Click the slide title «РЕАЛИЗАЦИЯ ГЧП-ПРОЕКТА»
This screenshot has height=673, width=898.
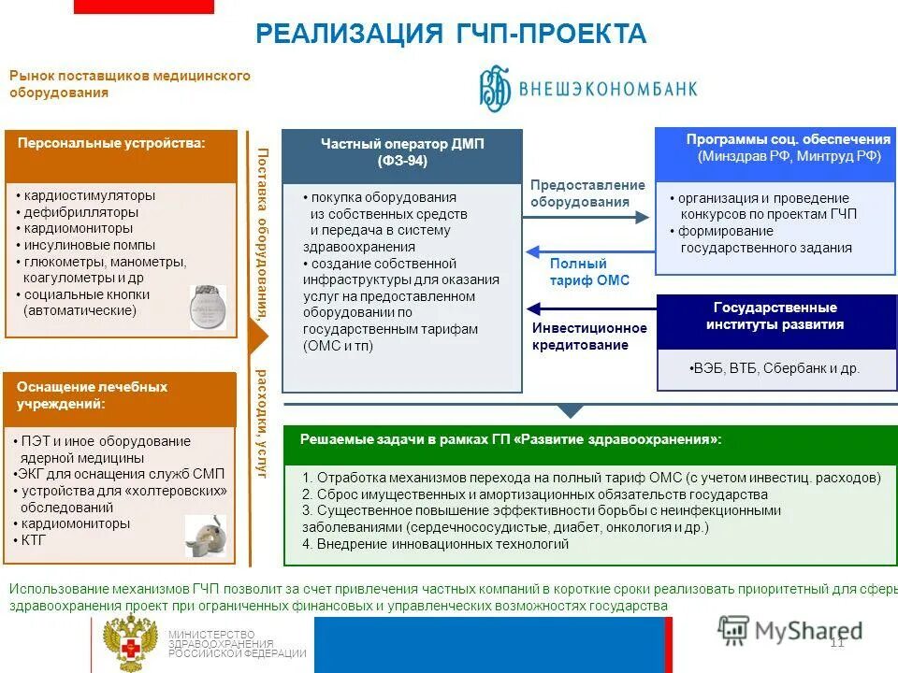coord(451,35)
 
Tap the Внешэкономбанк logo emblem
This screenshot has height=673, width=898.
coord(496,87)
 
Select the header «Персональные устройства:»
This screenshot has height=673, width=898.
coord(111,143)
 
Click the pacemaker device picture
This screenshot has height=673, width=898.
coord(208,307)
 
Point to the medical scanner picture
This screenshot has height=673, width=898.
coord(206,537)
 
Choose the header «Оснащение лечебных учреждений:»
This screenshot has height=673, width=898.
coord(92,394)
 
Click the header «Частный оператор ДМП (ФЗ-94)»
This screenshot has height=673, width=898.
coord(402,151)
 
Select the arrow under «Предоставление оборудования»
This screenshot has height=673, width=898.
coord(586,218)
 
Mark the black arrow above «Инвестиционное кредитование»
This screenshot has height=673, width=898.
coord(585,308)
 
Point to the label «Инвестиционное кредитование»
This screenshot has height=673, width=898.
coord(589,336)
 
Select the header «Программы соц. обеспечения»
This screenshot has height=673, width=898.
coord(789,148)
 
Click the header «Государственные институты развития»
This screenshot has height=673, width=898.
coord(775,316)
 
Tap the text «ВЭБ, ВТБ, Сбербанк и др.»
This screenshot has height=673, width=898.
coord(775,368)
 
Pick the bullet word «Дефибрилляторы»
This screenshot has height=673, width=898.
coord(82,212)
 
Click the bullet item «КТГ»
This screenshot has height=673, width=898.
coord(34,540)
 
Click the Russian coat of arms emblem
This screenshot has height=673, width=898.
coord(130,642)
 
